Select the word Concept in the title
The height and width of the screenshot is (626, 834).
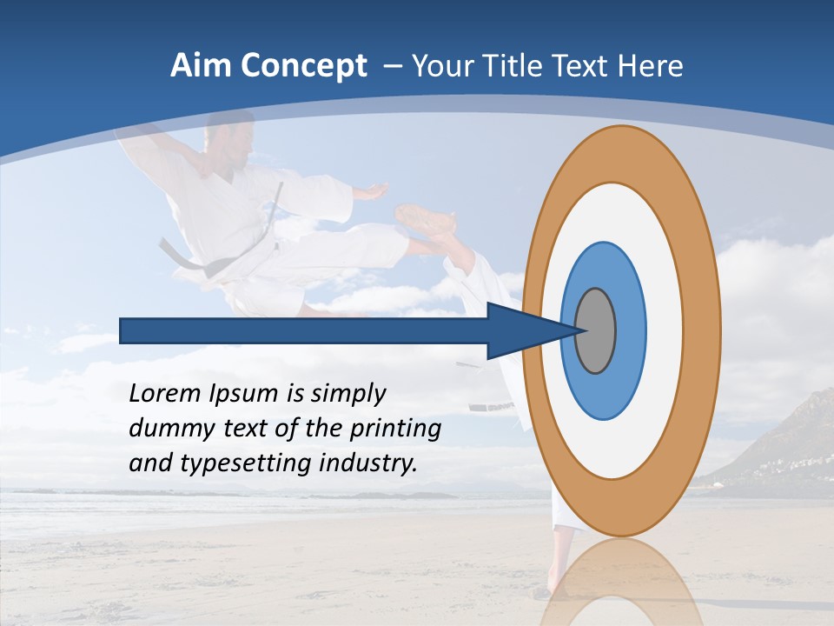303,66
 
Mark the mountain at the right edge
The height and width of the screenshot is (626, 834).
795,443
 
